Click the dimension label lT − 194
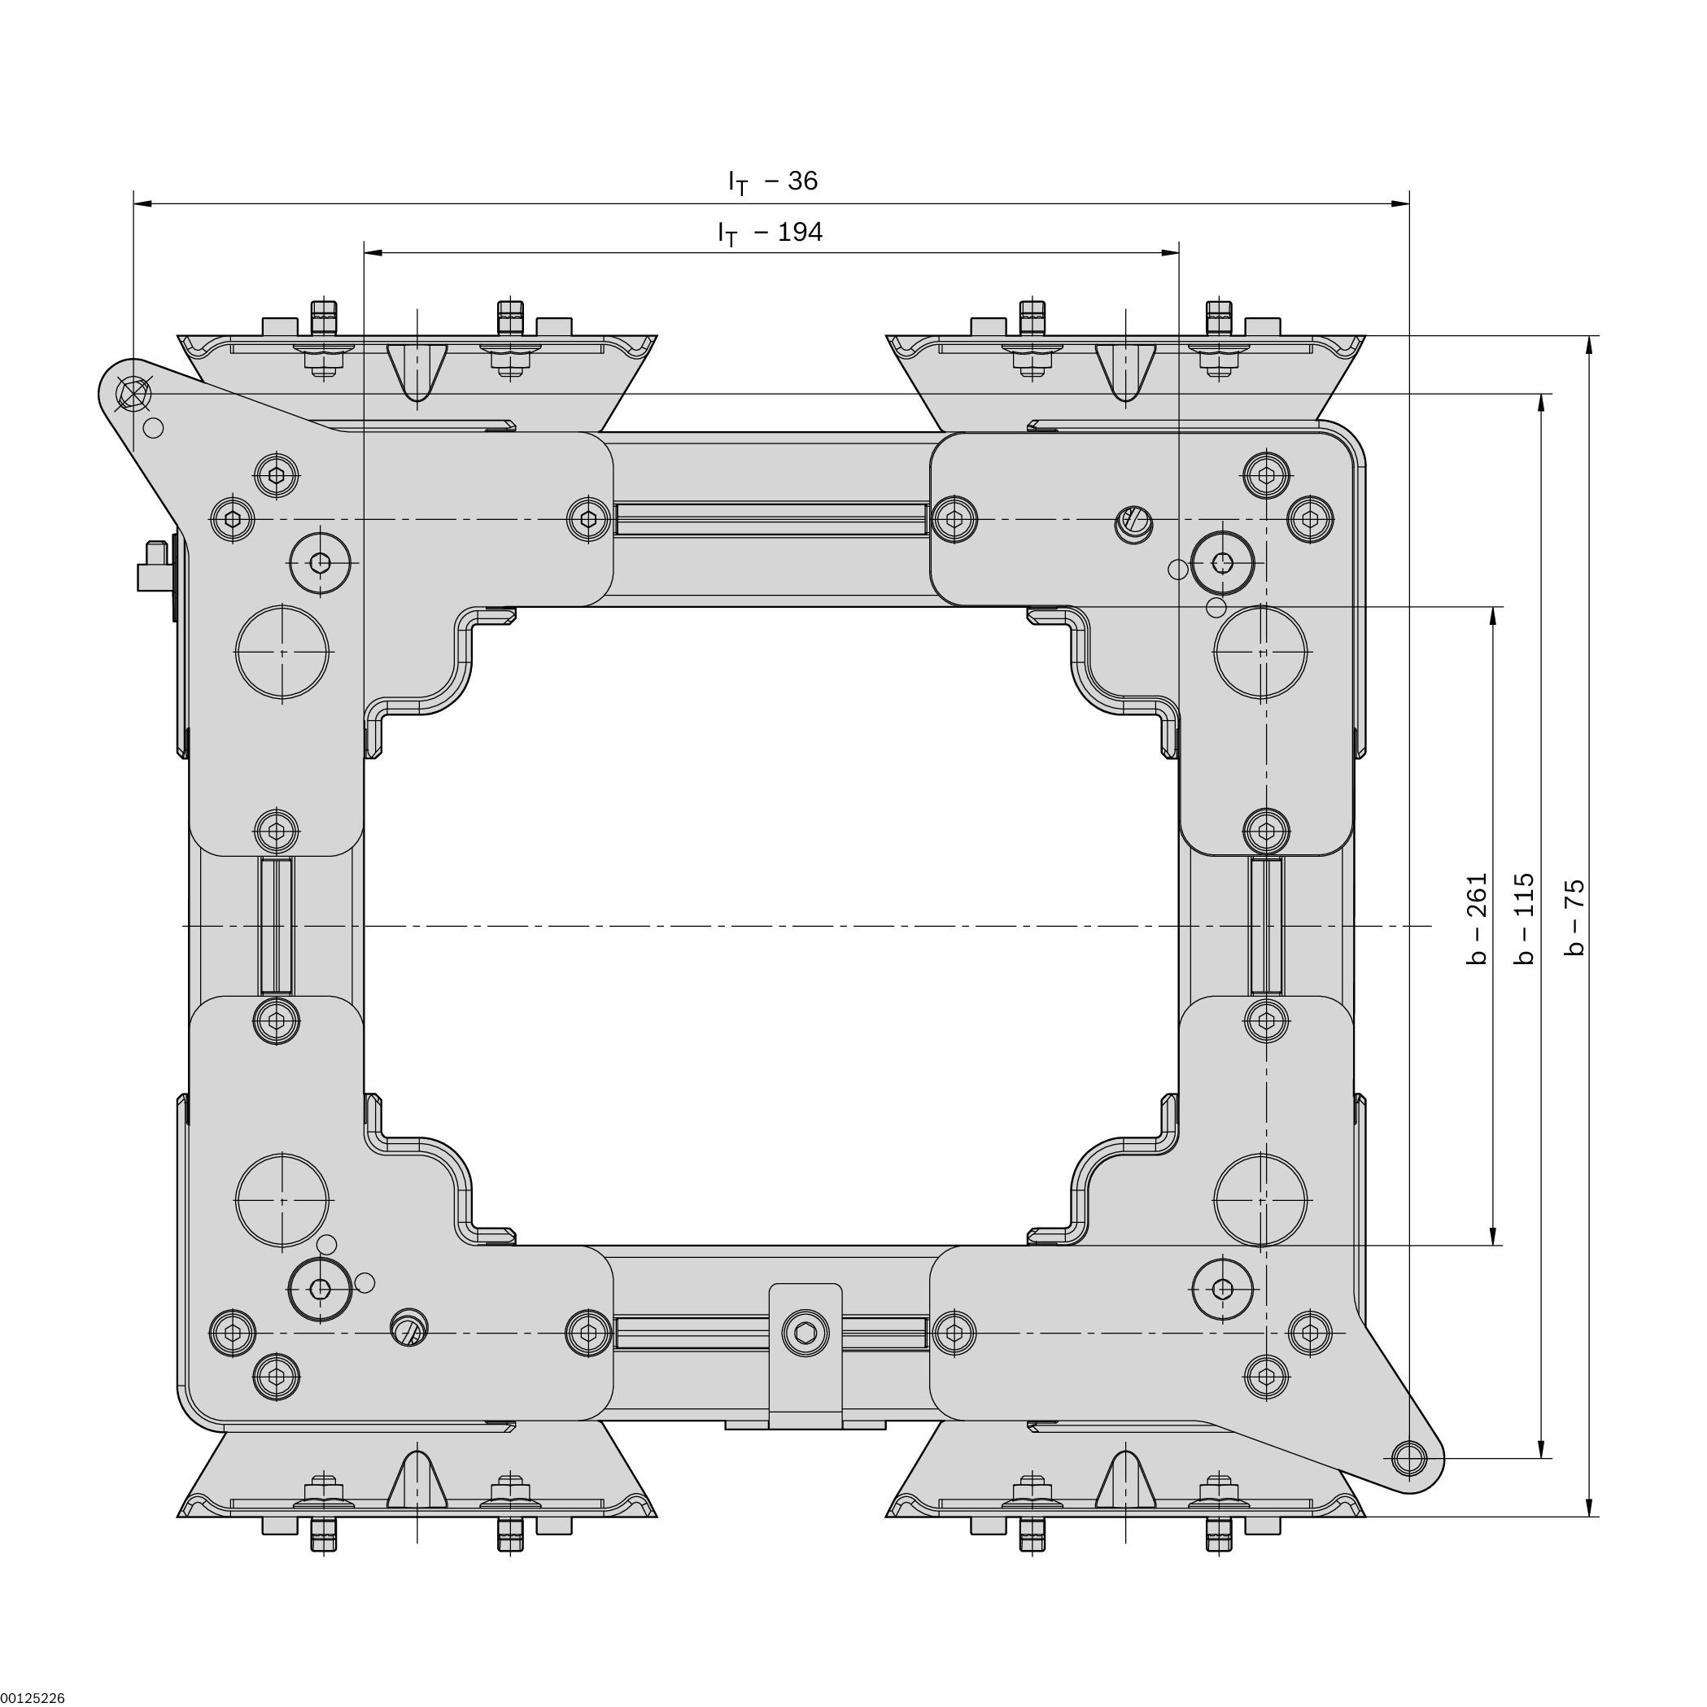[x=771, y=233]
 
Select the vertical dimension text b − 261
[x=1478, y=919]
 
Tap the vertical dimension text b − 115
[x=1525, y=919]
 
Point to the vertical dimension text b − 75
[x=1574, y=919]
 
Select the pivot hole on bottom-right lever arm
[x=1408, y=1457]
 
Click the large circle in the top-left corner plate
[x=282, y=652]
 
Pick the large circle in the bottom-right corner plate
[x=1261, y=1200]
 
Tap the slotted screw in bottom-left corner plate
[x=408, y=1327]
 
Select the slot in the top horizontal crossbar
[x=771, y=518]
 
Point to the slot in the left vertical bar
[x=277, y=926]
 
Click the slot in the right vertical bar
[x=1267, y=926]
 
